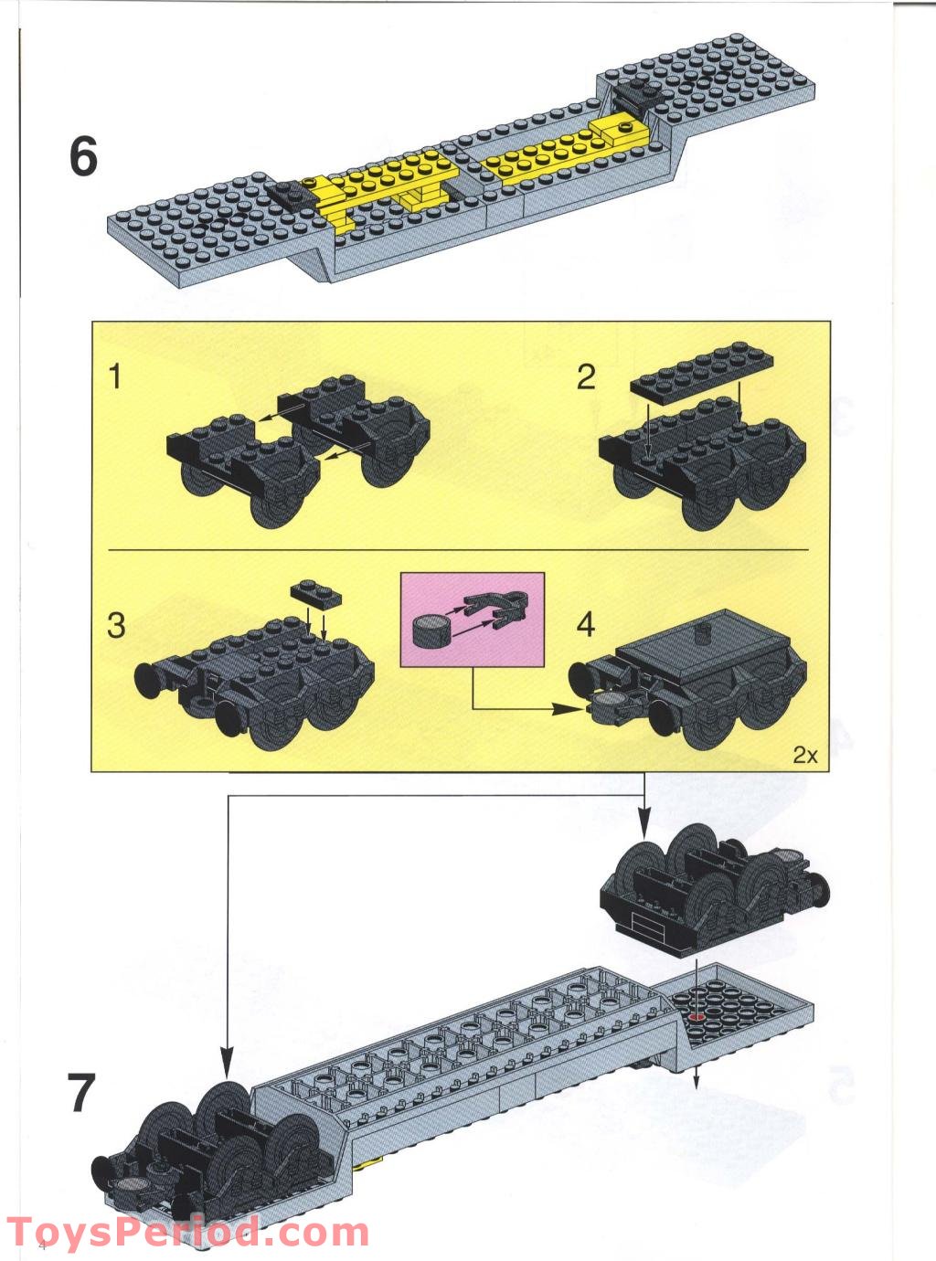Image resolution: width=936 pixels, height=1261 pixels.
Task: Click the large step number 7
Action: tap(81, 1092)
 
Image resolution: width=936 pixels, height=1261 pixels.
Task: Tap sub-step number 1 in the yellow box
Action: tap(114, 376)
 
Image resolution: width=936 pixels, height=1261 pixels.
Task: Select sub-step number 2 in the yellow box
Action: tap(586, 376)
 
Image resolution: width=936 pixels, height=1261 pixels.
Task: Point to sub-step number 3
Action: tap(116, 626)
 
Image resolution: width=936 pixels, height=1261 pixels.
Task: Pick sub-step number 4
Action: tap(586, 626)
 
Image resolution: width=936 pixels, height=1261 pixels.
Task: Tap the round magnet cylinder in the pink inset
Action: tap(431, 630)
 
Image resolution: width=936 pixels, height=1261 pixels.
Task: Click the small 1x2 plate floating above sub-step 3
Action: tap(318, 594)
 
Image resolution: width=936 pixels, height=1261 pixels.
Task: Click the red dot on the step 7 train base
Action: tap(697, 1017)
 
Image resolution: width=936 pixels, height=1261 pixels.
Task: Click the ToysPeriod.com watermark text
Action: tap(188, 1233)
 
